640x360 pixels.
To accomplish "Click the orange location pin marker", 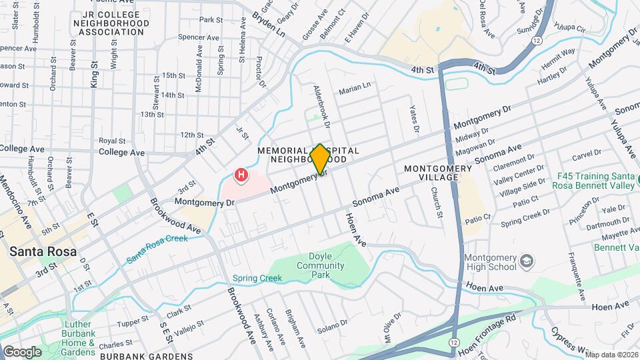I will coord(320,159).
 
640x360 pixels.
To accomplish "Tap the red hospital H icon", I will coord(241,176).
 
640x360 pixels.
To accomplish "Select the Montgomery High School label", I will coord(490,262).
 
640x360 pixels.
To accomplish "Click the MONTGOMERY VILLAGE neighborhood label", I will coord(438,174).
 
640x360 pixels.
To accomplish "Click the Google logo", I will coord(22,351).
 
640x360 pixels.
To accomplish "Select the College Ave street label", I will coord(121,152).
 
